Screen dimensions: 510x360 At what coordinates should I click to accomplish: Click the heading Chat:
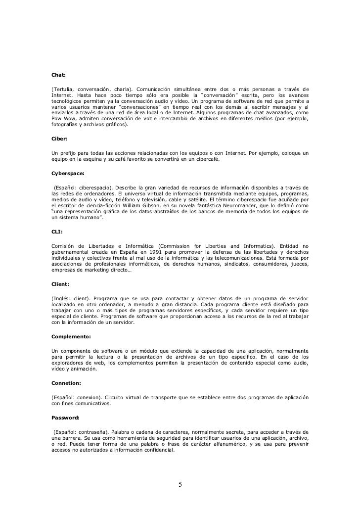coord(59,76)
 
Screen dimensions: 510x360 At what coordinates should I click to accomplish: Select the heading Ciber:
coord(60,139)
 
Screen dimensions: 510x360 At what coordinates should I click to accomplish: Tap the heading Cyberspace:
coord(68,174)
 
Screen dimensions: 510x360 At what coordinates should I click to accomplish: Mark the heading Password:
coord(66,417)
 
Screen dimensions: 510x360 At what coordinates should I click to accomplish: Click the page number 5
coord(180,484)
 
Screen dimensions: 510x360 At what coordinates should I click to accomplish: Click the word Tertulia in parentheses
coord(62,89)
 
